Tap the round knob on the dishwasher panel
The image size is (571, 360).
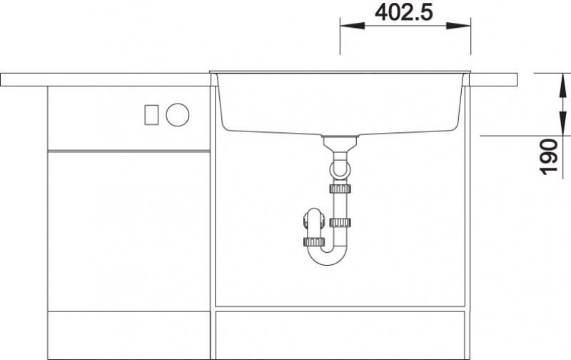coord(178,115)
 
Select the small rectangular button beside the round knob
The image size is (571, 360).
coord(151,115)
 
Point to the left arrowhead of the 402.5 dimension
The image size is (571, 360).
coord(352,26)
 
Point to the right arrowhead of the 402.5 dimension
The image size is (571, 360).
coord(458,26)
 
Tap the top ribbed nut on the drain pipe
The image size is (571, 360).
coord(340,189)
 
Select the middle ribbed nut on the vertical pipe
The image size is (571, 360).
coord(340,222)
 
